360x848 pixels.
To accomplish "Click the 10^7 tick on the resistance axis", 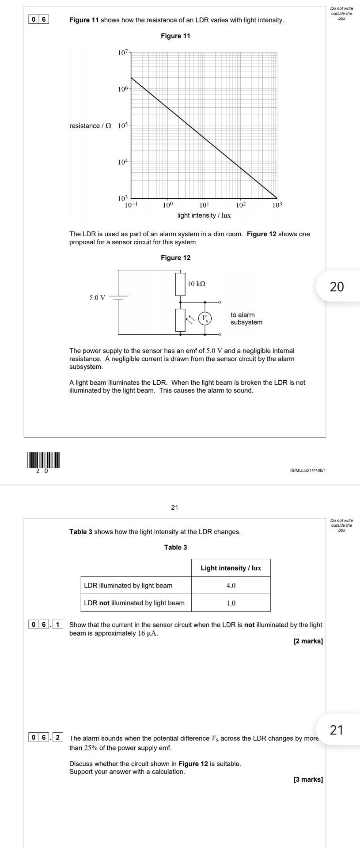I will coord(123,53).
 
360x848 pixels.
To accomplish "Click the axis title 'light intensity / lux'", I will coord(204,216).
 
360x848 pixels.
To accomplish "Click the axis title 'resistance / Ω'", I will coord(90,126).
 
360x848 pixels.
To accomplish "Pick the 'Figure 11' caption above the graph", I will coord(175,36).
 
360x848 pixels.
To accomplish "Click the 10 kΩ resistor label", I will coord(197,284).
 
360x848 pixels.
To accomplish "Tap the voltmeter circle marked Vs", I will coord(205,318).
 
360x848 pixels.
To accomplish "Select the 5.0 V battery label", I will coord(98,297).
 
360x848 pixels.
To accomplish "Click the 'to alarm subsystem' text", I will coord(246,318).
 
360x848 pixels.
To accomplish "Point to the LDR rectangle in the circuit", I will coord(180,320).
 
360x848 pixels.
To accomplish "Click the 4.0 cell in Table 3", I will coord(231,586).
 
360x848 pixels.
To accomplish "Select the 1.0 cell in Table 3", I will coord(231,603).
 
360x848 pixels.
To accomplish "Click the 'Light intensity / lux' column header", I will coord(231,568).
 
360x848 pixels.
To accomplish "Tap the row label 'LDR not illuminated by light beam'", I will coord(134,603).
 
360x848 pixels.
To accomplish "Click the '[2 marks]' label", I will coord(308,641).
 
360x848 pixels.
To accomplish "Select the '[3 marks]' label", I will coord(308,780).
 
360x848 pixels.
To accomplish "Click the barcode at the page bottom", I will coord(43,460).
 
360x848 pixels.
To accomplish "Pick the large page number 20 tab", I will coord(337,287).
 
